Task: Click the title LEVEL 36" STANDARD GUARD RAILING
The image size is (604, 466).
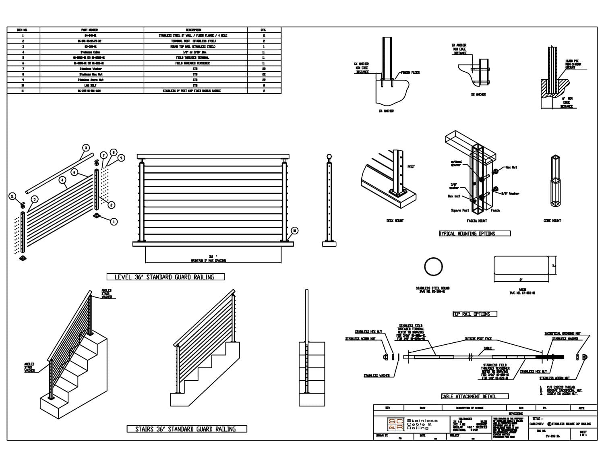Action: point(165,277)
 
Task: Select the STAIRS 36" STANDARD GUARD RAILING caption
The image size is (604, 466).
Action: point(186,429)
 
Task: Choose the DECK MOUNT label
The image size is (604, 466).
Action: point(395,221)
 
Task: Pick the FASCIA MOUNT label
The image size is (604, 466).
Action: point(477,221)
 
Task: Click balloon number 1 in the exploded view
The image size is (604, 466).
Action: point(114,222)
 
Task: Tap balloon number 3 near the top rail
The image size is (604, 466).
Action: point(85,147)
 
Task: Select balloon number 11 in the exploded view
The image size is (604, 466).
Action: point(13,196)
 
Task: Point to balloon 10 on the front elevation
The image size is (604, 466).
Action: point(295,231)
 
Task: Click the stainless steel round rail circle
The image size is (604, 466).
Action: point(433,267)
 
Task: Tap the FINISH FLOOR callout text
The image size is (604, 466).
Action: point(410,73)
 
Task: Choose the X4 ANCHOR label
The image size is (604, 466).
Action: point(386,111)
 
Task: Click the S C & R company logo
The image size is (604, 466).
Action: point(395,424)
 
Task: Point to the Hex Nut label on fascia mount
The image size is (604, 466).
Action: point(512,168)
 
